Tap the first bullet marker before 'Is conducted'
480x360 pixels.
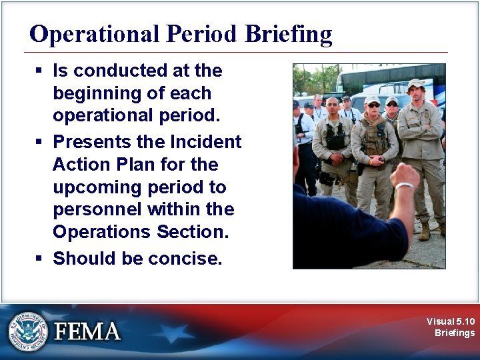[x=41, y=71]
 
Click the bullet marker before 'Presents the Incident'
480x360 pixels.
[x=41, y=142]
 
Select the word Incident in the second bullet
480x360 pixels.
[x=206, y=141]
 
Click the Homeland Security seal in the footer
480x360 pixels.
[x=29, y=331]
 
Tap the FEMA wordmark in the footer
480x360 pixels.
[x=87, y=331]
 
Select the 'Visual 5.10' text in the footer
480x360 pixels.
[x=451, y=321]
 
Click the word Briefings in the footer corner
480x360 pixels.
[x=455, y=333]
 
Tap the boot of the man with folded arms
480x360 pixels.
[x=424, y=231]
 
